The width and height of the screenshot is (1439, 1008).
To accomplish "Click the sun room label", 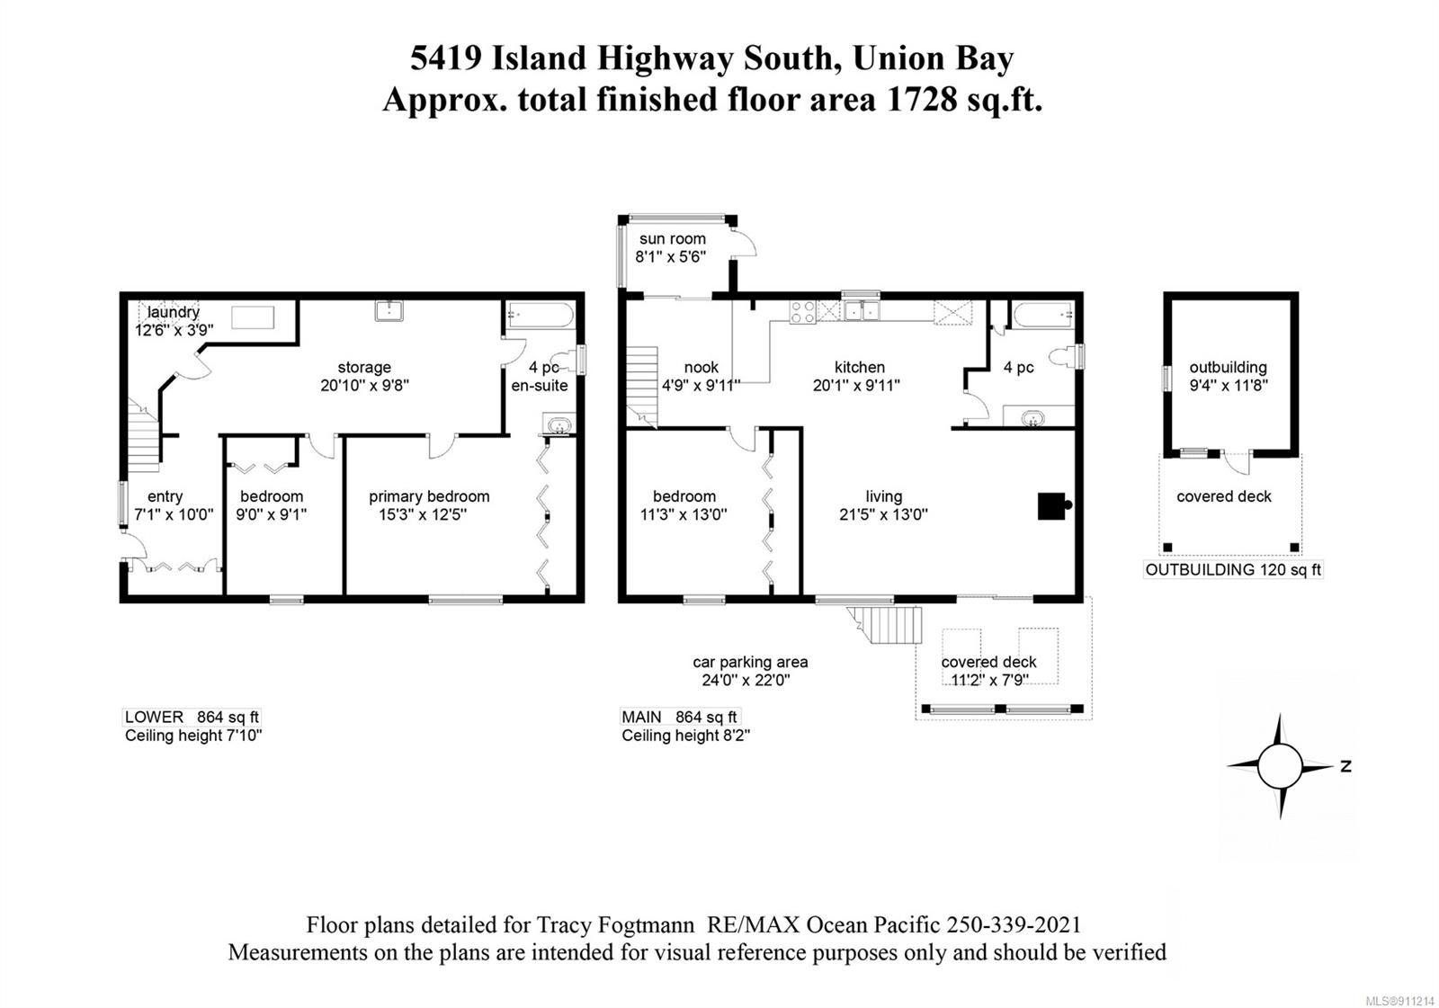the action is click(x=672, y=239).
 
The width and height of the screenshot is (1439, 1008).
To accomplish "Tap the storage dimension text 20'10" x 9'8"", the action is click(x=364, y=386).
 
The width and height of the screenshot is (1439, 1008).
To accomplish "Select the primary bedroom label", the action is click(x=429, y=496).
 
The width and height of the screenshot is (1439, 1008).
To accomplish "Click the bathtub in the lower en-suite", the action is click(x=541, y=316).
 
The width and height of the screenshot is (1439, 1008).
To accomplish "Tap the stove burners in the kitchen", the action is click(x=803, y=312).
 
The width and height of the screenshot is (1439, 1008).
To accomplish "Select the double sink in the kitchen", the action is click(x=861, y=311).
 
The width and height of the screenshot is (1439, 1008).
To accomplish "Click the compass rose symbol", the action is click(x=1280, y=766).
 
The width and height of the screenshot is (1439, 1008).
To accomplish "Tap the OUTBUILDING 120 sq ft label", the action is click(x=1233, y=570).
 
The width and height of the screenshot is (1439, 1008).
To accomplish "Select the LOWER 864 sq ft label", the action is click(x=192, y=717).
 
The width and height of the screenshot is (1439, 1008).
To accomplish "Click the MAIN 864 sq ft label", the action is click(x=679, y=717).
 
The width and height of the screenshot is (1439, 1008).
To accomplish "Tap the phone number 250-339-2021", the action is click(x=1013, y=925).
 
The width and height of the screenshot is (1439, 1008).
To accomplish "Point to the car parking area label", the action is click(x=750, y=662).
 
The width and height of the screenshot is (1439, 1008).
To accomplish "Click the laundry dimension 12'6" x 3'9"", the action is click(x=174, y=330).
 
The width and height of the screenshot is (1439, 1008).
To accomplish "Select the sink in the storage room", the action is click(x=389, y=310).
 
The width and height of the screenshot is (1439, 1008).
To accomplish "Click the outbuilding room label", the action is click(x=1228, y=368).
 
